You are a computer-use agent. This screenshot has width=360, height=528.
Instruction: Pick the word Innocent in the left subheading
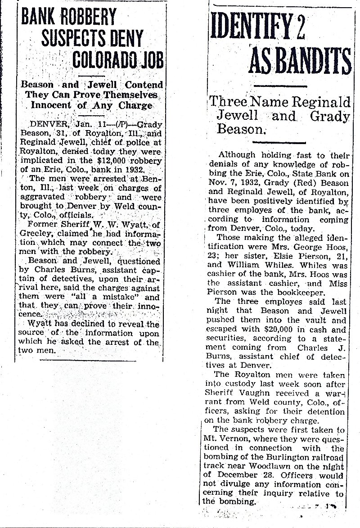51,106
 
